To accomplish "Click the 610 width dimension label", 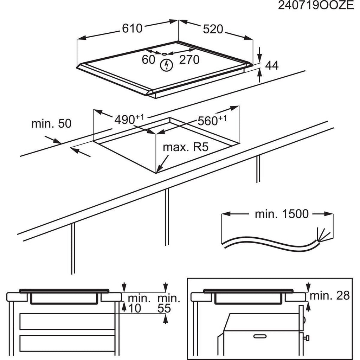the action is coord(132,28).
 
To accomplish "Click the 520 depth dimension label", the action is coord(213,29).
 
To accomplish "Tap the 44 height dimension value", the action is coord(272,65).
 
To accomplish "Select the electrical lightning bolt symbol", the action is coord(166,65).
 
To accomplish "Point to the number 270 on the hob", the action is coord(189,60).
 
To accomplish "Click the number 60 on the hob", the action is coord(149,60).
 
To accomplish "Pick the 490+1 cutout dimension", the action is coord(129,119).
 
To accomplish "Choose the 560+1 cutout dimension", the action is coord(212,121).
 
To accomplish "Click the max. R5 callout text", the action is coord(186,147).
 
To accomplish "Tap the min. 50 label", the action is coord(51,123).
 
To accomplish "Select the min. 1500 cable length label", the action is coord(282,214).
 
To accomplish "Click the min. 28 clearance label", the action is coord(330,295).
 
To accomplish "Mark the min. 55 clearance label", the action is coord(168,303).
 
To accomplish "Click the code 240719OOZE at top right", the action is coord(316,5).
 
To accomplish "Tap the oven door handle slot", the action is coord(260,336).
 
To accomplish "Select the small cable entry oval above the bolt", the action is coord(165,54).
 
